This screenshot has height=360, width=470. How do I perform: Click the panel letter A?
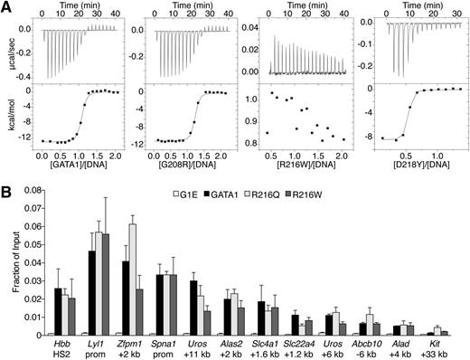6,7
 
